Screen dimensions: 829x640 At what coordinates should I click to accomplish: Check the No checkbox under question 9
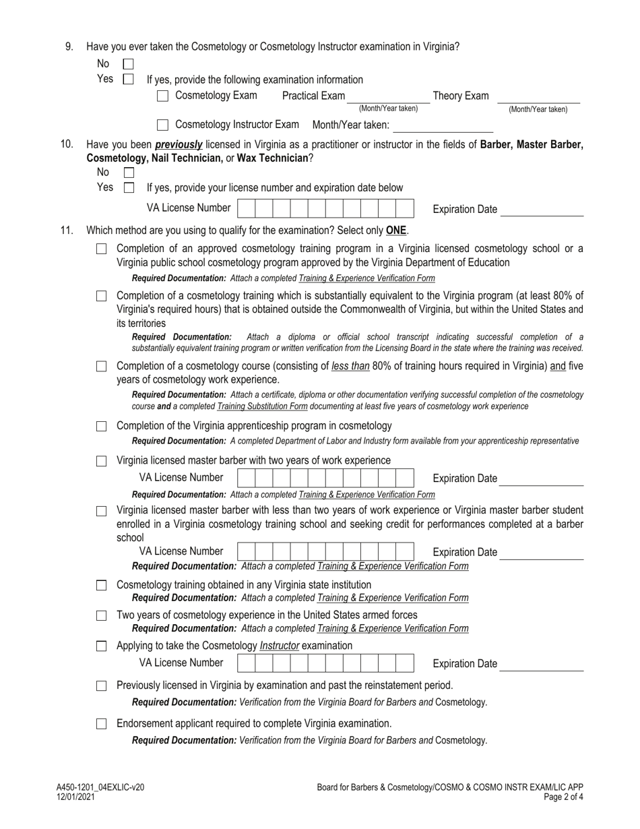pos(128,64)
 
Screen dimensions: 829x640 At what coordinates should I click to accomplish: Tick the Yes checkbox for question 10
pos(128,188)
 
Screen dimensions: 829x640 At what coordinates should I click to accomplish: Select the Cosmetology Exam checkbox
pos(162,96)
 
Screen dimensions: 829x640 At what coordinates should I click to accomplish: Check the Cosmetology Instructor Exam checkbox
pos(162,125)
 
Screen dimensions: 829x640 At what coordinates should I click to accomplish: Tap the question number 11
pos(66,231)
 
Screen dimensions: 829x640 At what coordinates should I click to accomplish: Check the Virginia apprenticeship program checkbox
pos(102,427)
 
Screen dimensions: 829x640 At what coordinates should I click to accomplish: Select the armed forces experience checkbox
pos(102,615)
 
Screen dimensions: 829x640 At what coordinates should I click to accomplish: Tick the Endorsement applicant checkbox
pos(102,724)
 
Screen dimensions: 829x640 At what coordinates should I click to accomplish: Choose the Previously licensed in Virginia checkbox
pos(102,686)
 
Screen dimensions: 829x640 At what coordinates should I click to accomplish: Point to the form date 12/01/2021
pos(75,797)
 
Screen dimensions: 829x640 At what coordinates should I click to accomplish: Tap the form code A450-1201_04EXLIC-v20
pos(100,787)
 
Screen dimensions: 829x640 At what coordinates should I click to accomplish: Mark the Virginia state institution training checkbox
pos(102,585)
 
